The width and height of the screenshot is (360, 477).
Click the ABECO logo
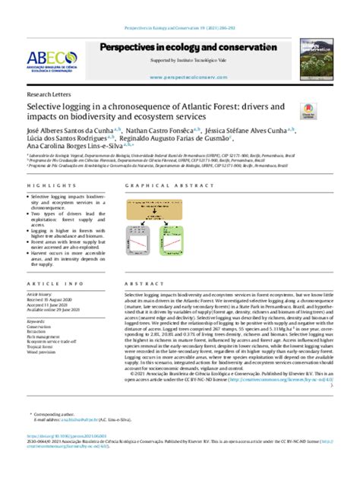click(x=51, y=59)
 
